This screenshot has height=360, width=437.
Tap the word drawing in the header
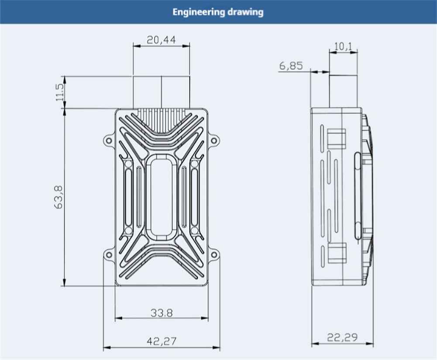[x=245, y=12]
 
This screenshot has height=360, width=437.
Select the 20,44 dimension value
[x=161, y=40]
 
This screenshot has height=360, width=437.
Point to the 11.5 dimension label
[x=60, y=92]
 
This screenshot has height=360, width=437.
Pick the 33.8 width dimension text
[x=162, y=312]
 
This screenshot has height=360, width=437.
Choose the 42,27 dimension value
[x=162, y=341]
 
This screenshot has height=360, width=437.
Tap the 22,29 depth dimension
[x=343, y=337]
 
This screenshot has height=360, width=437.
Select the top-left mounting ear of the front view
[x=107, y=141]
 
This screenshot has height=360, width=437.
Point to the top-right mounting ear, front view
[x=215, y=141]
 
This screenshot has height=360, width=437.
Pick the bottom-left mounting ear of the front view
[x=107, y=254]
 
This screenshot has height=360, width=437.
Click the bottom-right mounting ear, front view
[x=215, y=254]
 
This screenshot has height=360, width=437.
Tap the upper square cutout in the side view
[x=336, y=139]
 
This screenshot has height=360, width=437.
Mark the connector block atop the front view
[x=162, y=92]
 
